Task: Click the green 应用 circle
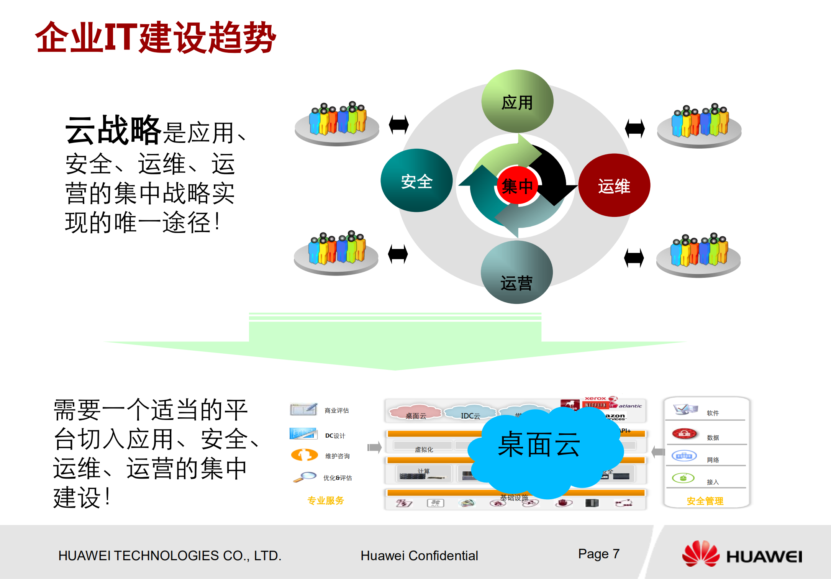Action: click(517, 102)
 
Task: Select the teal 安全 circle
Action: click(416, 180)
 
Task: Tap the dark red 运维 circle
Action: click(614, 185)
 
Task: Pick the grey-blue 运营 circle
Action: click(516, 272)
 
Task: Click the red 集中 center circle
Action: click(517, 186)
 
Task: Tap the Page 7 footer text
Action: click(598, 554)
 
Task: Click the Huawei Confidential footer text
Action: click(419, 556)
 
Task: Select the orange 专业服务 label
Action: click(326, 500)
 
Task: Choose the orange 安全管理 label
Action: click(705, 501)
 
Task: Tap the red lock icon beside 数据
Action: click(684, 434)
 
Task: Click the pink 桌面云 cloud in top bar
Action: click(416, 413)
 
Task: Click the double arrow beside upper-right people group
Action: click(634, 128)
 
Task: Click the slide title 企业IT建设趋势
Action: click(155, 37)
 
